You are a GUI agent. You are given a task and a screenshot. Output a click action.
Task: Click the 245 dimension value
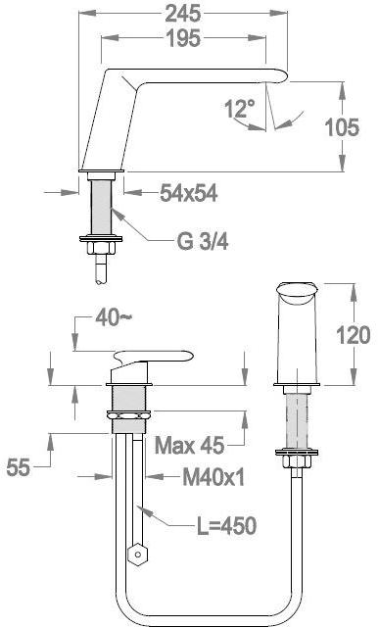pos(182,15)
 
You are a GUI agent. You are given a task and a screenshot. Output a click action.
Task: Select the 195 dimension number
pos(182,38)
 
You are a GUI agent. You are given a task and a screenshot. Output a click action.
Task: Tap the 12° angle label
pos(239,108)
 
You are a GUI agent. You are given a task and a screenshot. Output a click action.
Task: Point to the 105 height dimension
pos(342,127)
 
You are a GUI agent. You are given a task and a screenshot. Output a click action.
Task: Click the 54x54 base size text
pos(189,193)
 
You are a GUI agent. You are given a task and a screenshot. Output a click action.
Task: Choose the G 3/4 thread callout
pos(202,242)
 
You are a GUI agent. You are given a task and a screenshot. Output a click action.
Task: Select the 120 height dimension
pos(354,335)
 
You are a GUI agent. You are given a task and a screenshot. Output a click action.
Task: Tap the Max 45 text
pos(189,445)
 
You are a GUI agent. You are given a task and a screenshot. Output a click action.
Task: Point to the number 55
pos(18,467)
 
